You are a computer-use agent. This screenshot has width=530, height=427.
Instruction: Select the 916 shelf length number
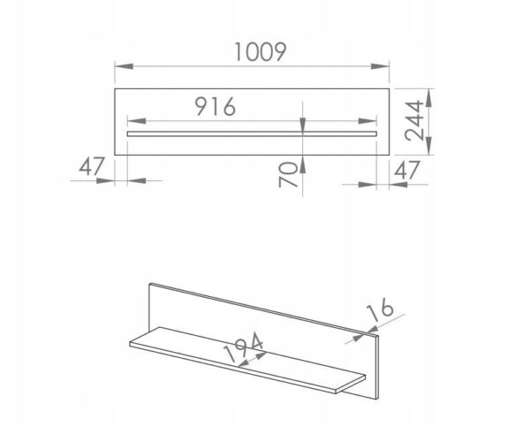pyautogui.click(x=215, y=107)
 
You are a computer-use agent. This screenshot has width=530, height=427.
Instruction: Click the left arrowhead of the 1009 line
pyautogui.click(x=120, y=66)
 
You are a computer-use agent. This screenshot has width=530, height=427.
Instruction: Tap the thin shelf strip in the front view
pyautogui.click(x=252, y=134)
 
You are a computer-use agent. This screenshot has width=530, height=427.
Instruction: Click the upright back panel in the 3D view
pyautogui.click(x=265, y=318)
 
